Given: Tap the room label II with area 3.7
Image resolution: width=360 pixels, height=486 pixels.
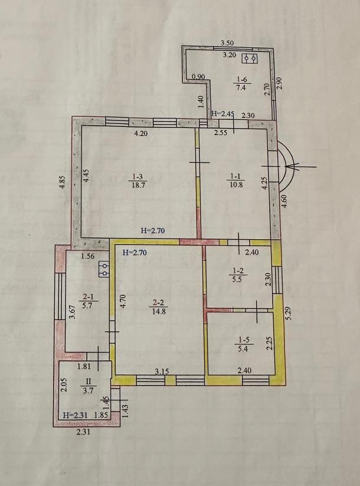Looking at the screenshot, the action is pos(89,386).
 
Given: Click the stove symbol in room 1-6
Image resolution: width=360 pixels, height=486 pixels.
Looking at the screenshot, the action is pos(250,58).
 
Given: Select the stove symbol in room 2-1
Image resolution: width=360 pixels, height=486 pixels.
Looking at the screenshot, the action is pos(104,269).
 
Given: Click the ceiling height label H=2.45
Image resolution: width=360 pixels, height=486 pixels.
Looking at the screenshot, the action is pos(222,114).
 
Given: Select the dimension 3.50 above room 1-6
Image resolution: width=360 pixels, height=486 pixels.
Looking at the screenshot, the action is pos(227,43).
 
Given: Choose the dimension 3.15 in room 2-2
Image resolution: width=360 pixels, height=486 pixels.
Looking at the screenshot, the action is pos(162,371).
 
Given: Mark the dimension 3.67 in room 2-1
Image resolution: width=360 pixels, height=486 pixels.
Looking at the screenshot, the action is pos(71,314).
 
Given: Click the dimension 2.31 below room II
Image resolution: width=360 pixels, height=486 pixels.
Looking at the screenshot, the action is pos(83,432).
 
